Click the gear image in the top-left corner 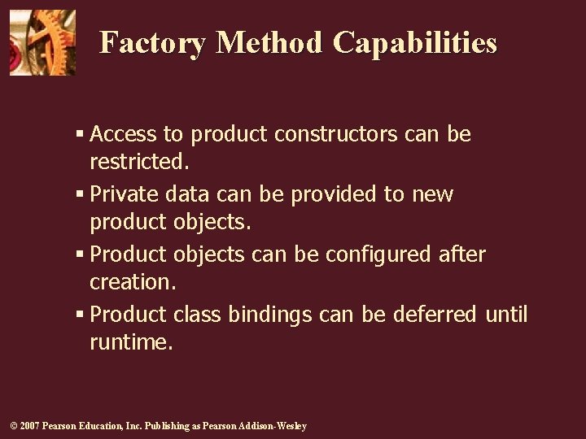(x=42, y=42)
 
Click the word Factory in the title (x=152, y=42)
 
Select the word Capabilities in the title (x=414, y=42)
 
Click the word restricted (x=139, y=162)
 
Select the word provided (x=335, y=194)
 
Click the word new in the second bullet (x=434, y=194)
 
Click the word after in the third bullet (x=461, y=254)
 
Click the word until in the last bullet (x=507, y=315)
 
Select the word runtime (x=131, y=342)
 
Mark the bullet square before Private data (x=81, y=195)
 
